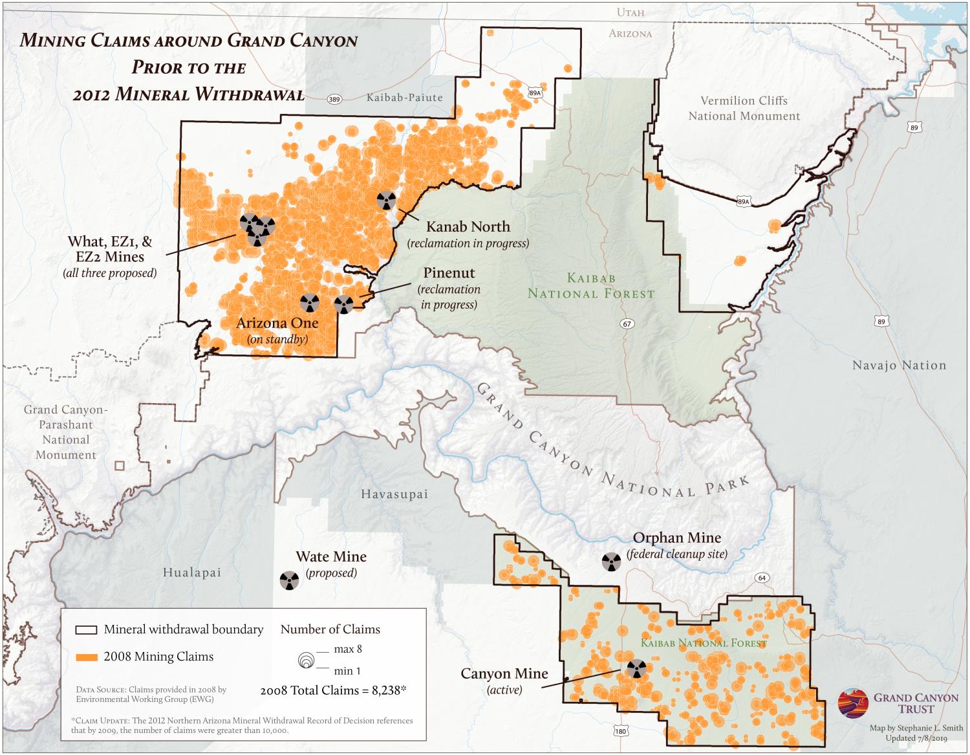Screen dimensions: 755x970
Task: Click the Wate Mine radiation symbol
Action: click(289, 580)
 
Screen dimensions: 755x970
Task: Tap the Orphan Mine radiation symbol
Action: click(610, 562)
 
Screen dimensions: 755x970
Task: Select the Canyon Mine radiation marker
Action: click(636, 669)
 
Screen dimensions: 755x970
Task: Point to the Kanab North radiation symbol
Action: click(387, 200)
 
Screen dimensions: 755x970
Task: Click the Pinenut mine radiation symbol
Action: click(343, 303)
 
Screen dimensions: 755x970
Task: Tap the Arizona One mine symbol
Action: click(310, 302)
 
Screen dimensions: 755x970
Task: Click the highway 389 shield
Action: click(334, 99)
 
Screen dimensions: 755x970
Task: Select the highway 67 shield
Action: click(627, 323)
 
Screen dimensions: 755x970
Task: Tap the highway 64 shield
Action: click(762, 578)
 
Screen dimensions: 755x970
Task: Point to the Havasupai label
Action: click(394, 494)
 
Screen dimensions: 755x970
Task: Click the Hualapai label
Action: click(192, 573)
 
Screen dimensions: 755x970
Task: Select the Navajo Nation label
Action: click(899, 366)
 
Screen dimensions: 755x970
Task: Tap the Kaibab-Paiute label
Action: click(405, 98)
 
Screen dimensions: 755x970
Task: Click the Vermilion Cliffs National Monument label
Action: click(744, 109)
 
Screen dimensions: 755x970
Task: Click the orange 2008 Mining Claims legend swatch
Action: click(86, 657)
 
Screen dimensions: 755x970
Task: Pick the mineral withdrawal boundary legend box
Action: click(86, 629)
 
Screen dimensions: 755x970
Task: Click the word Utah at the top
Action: click(630, 12)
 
